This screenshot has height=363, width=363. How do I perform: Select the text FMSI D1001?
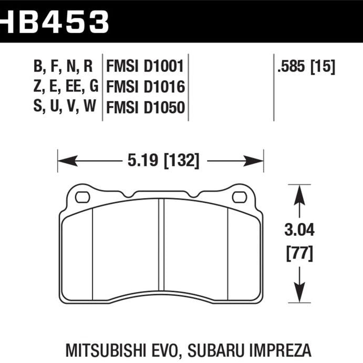click(144, 67)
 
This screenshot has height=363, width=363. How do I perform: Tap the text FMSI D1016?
click(144, 87)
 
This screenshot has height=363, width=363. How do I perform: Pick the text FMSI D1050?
click(145, 107)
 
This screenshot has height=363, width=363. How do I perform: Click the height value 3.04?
click(300, 229)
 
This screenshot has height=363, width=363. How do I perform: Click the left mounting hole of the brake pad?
click(82, 198)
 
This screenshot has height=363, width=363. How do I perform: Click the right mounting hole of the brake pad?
click(239, 198)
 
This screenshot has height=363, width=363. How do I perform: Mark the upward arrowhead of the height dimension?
click(300, 192)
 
